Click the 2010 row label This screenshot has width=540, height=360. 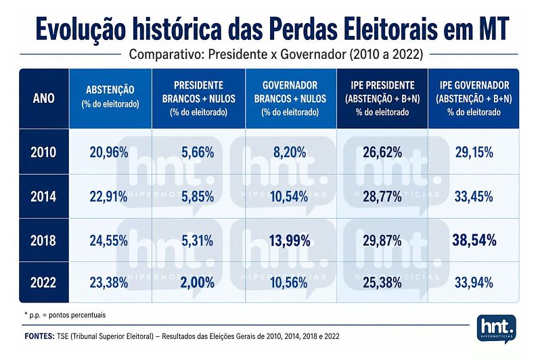click(x=43, y=152)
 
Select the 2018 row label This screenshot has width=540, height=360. click(x=43, y=240)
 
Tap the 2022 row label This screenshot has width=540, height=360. click(x=43, y=283)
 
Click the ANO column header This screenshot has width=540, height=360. click(x=44, y=99)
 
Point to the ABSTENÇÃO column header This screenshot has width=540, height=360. click(x=110, y=90)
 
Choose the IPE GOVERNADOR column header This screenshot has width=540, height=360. click(x=474, y=85)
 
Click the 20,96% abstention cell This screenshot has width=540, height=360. click(x=109, y=152)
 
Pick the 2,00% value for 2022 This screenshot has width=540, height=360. click(x=198, y=283)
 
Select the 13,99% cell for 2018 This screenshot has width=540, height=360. click(x=290, y=240)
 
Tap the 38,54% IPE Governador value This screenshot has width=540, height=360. click(x=474, y=240)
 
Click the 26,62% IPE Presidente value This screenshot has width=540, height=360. click(x=382, y=152)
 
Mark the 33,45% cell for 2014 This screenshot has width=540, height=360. click(x=474, y=197)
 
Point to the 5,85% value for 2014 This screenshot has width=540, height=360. click(x=198, y=197)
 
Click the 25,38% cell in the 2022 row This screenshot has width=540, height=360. click(x=382, y=283)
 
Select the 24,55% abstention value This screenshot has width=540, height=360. click(x=109, y=240)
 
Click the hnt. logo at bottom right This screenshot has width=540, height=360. click(x=496, y=328)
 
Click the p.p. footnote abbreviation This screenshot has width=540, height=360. click(x=34, y=315)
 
